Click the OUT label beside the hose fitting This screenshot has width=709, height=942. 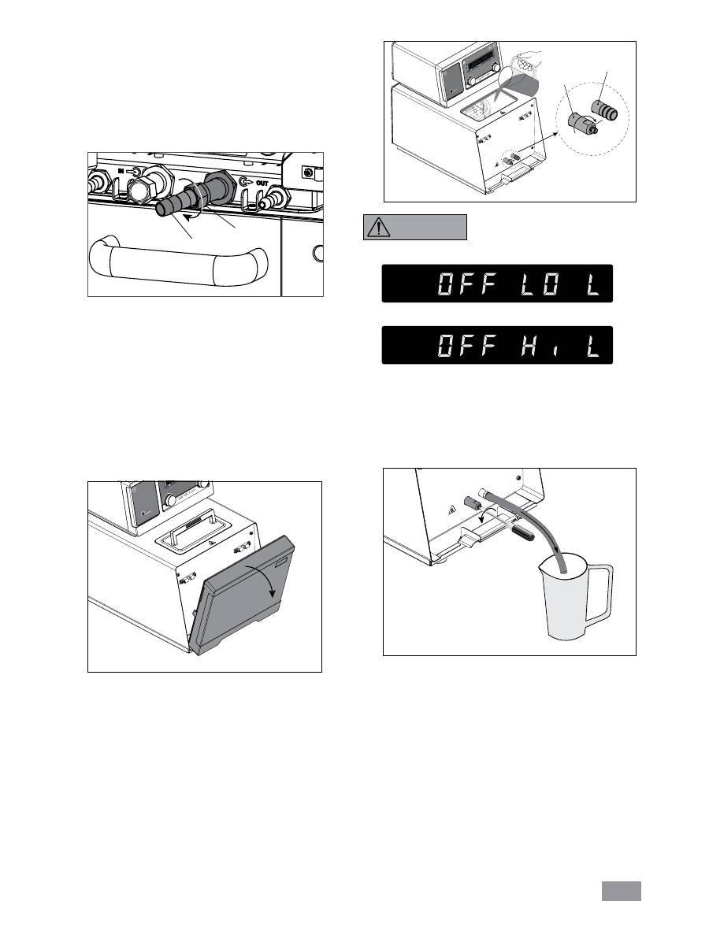(x=262, y=181)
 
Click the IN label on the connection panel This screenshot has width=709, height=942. (x=121, y=171)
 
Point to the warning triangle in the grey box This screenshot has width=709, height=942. (x=379, y=227)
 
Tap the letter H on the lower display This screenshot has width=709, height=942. (x=529, y=346)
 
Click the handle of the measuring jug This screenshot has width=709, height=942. (x=599, y=595)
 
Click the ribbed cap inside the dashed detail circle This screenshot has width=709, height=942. (x=604, y=111)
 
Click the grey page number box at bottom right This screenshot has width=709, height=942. (x=622, y=891)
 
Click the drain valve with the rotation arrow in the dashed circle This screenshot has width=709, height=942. (x=581, y=123)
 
